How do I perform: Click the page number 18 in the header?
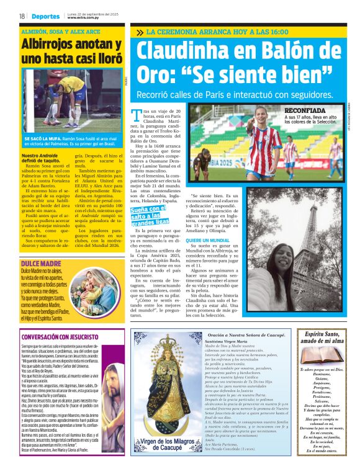22,16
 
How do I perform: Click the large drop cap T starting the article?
138,115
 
